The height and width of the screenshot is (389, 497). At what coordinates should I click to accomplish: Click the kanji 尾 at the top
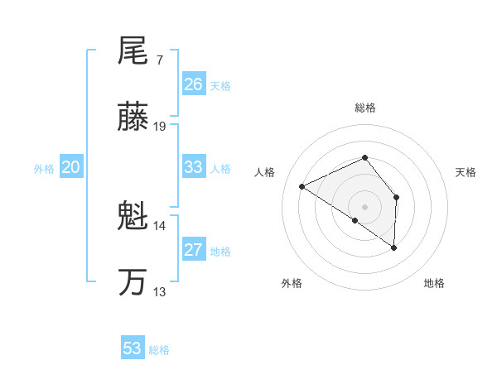[133, 52]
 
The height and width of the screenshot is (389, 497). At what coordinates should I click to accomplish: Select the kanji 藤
[133, 118]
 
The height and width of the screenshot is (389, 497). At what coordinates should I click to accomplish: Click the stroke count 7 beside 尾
[159, 60]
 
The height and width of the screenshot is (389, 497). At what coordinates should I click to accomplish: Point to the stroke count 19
[161, 127]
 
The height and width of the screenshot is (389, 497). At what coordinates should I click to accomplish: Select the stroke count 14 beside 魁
[161, 225]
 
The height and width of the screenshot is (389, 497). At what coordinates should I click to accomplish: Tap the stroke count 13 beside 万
[161, 291]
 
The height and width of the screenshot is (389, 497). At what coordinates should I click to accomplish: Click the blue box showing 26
[194, 84]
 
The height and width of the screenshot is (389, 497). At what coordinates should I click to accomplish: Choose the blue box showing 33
[194, 167]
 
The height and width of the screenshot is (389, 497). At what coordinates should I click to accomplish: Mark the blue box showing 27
[194, 250]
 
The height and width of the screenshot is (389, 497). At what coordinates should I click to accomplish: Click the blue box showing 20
[71, 167]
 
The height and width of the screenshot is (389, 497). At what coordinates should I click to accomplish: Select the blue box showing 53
[133, 348]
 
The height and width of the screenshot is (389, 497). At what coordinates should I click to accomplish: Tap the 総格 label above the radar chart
[365, 108]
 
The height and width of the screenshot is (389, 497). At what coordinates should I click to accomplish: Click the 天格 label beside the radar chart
[466, 172]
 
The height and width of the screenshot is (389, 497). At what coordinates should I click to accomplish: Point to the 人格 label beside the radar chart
[266, 172]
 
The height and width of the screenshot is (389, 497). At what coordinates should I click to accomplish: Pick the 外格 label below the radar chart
[292, 283]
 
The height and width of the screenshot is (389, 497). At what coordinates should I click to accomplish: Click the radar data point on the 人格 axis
[302, 187]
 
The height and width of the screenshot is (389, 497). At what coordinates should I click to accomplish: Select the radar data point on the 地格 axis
[394, 247]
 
